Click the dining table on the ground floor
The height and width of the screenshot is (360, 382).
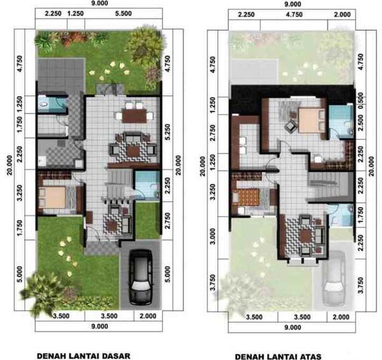coord(133,116)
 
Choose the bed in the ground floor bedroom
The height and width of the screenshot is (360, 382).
coord(58,198)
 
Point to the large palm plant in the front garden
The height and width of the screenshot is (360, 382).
coord(41,290)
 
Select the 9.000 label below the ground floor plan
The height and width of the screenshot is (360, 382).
coord(99,326)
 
